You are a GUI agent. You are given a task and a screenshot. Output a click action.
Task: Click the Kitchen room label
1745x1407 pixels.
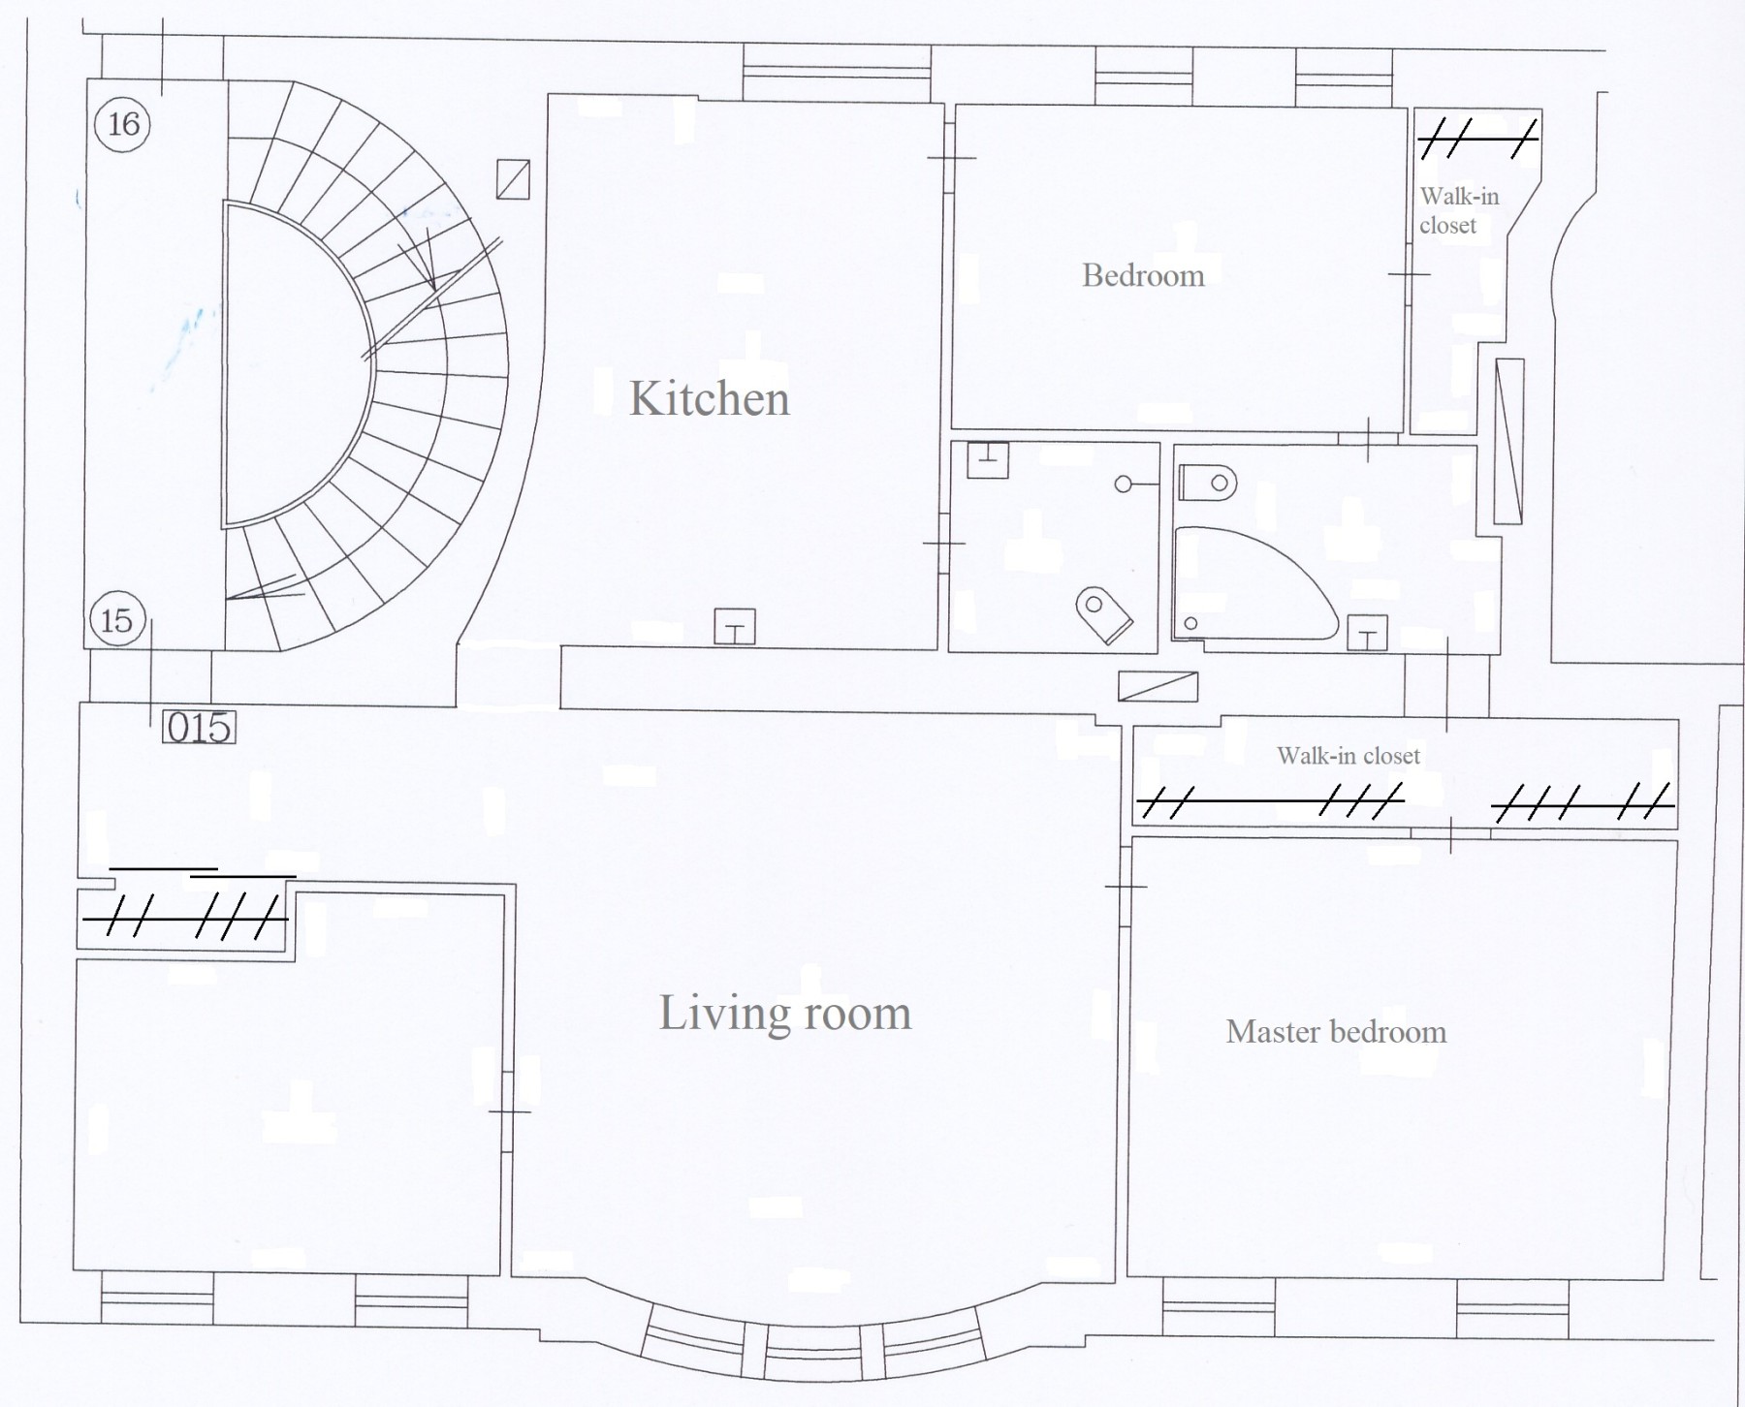tap(710, 398)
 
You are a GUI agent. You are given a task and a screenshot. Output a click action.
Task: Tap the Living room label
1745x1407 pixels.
tap(785, 1014)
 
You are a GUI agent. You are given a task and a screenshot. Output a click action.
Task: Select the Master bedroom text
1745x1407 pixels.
tap(1336, 1031)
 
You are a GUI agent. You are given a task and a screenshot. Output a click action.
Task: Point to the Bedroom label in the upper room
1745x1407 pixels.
tap(1143, 275)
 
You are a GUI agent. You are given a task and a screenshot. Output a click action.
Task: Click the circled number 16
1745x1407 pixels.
tap(124, 124)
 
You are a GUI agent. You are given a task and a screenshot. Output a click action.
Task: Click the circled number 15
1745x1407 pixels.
tap(117, 619)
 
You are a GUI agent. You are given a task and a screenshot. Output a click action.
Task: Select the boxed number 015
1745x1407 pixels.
tap(200, 728)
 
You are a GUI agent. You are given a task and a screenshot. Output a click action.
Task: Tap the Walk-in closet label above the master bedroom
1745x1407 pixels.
tap(1348, 756)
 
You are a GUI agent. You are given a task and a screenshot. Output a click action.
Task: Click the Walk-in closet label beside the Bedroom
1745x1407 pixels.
tap(1458, 210)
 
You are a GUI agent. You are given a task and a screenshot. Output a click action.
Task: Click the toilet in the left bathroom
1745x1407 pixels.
tap(1104, 613)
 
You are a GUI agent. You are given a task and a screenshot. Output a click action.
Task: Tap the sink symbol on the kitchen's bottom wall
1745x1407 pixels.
tap(735, 627)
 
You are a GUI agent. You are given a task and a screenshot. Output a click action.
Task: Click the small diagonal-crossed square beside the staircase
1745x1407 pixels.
tap(513, 179)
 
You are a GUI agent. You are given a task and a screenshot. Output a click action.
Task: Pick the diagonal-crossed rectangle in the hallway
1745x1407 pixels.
tap(1158, 686)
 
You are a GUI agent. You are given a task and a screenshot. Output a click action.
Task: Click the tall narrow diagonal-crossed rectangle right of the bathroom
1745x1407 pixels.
tap(1508, 441)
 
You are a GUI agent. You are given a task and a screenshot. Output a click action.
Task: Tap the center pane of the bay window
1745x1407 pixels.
tap(811, 1346)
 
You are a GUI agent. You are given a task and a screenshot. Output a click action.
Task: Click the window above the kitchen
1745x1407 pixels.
tap(836, 71)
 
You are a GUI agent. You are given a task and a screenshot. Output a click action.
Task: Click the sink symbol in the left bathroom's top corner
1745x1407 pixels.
tap(988, 459)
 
